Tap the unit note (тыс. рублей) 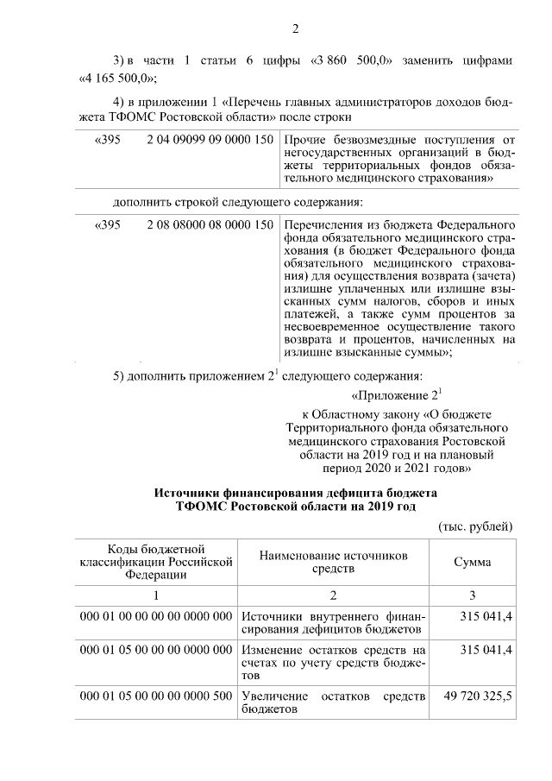475,526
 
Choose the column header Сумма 473,562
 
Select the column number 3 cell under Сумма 473,595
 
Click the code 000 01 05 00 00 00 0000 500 155,696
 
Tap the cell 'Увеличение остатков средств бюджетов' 332,702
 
